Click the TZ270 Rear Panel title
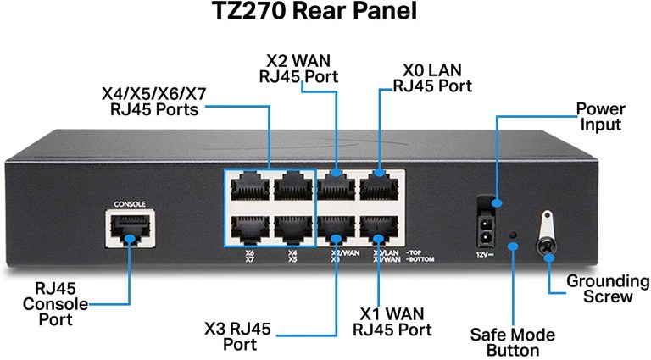pyautogui.click(x=325, y=15)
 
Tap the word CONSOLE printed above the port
pyautogui.click(x=128, y=204)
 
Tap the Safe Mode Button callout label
pyautogui.click(x=513, y=342)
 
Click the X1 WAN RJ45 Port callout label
pyautogui.click(x=391, y=321)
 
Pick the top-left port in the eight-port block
pyautogui.click(x=246, y=186)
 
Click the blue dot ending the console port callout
pyautogui.click(x=128, y=240)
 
